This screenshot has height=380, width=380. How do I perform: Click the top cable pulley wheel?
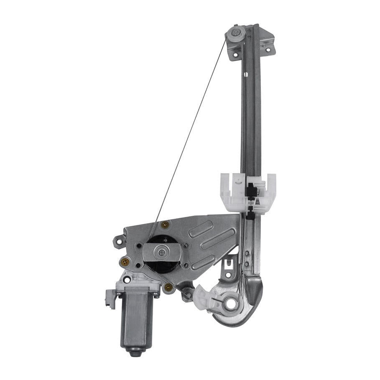(x=236, y=33)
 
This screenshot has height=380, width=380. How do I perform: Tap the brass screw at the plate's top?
(x=166, y=224)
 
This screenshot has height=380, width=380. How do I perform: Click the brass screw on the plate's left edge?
(x=125, y=262)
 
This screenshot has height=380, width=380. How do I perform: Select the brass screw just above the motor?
(x=168, y=287)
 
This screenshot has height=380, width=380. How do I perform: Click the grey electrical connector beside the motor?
(x=111, y=298)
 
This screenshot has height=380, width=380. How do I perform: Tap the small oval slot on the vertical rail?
(x=246, y=75)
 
